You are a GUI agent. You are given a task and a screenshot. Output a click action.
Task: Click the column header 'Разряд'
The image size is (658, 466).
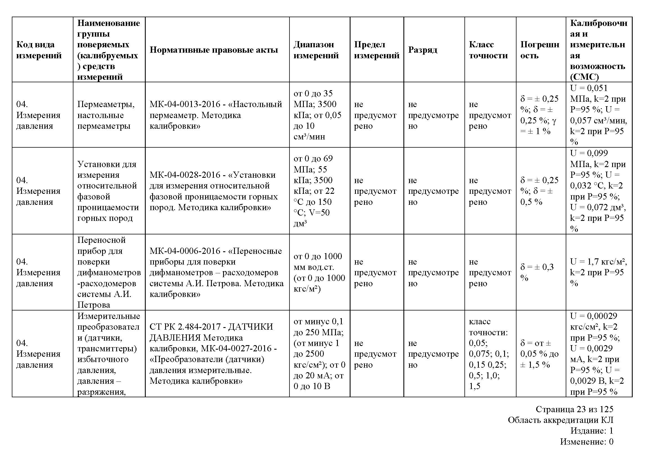(423, 50)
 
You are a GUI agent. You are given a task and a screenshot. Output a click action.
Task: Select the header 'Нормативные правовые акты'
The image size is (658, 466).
(214, 50)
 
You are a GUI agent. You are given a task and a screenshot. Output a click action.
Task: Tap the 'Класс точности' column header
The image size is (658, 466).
(488, 50)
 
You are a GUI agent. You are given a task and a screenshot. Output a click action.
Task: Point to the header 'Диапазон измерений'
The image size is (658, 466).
(316, 50)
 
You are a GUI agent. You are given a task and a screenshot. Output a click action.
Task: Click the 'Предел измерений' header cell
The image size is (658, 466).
(377, 50)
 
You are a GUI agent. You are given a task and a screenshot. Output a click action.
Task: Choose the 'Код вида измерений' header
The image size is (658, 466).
(39, 50)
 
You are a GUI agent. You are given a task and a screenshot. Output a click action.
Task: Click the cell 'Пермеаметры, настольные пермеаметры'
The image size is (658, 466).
(106, 115)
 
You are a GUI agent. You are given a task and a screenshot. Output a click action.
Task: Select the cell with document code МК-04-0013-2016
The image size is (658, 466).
(215, 115)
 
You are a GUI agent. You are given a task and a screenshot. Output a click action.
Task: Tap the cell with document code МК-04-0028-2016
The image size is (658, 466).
(214, 191)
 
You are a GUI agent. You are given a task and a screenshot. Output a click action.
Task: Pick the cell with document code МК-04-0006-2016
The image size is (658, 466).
(216, 272)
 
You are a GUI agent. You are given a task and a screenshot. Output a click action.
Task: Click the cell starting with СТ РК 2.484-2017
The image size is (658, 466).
(213, 354)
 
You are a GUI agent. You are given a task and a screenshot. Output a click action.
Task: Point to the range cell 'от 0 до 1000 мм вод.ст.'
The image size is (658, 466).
(319, 272)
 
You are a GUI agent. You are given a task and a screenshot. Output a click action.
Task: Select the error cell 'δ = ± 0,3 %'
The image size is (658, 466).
(537, 272)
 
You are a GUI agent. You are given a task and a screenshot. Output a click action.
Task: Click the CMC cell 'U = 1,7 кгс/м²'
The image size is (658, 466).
(598, 272)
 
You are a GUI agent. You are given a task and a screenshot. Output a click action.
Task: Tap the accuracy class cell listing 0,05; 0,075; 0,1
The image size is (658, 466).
(489, 354)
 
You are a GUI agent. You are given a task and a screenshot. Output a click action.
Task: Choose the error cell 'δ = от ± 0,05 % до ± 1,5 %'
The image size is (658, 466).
(539, 354)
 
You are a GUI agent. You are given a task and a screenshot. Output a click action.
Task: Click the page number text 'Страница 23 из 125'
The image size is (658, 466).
(574, 409)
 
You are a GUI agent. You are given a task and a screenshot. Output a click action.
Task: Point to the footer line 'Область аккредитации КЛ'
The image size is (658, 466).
(561, 420)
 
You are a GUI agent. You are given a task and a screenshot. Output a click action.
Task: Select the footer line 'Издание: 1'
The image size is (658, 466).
(592, 431)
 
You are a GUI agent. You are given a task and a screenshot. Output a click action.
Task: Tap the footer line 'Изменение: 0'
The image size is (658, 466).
(587, 441)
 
